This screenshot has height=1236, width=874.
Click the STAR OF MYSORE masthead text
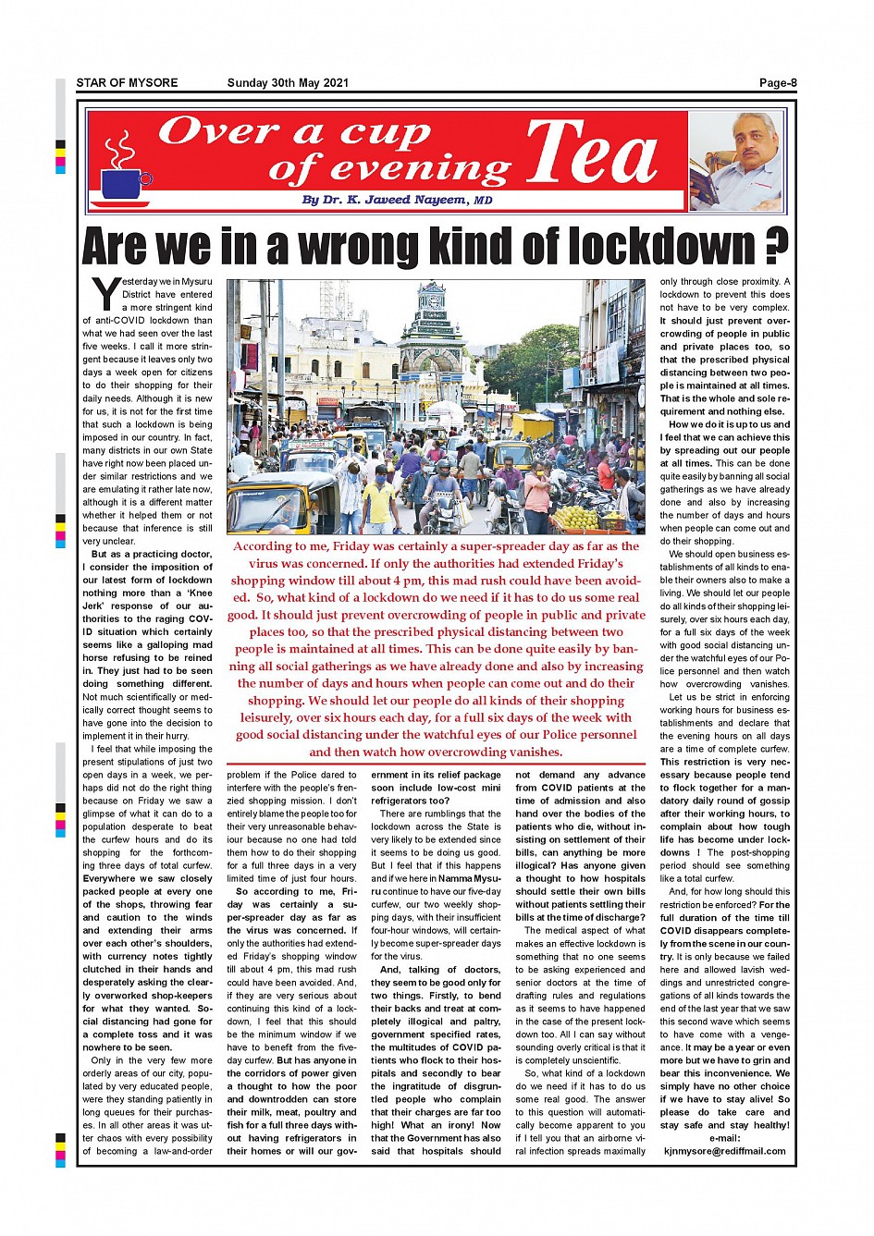[x=127, y=83]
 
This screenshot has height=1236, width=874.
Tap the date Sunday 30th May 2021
[x=288, y=83]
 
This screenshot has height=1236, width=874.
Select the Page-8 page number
[x=777, y=83]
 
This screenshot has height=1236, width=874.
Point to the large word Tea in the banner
[x=592, y=154]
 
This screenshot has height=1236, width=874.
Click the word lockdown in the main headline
[x=662, y=247]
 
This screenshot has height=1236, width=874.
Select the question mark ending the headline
[x=776, y=247]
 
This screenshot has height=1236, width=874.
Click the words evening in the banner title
[x=420, y=170]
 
